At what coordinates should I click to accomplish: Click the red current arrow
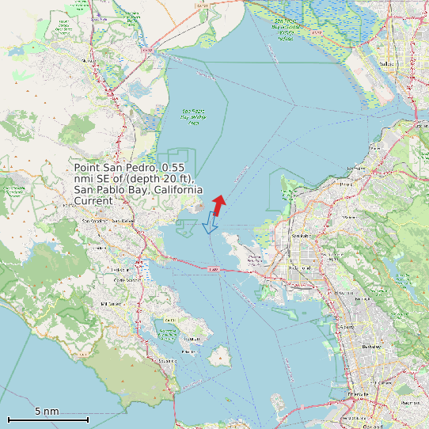pyautogui.click(x=219, y=204)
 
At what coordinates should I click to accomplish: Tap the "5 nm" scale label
pyautogui.click(x=47, y=412)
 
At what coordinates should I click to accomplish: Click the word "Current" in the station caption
pyautogui.click(x=93, y=201)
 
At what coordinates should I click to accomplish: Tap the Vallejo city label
pyautogui.click(x=387, y=64)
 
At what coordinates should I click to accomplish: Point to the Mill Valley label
pyautogui.click(x=109, y=303)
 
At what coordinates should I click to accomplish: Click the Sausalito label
pyautogui.click(x=168, y=361)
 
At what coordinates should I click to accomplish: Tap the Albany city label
pyautogui.click(x=346, y=326)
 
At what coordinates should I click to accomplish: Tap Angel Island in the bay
pyautogui.click(x=219, y=356)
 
